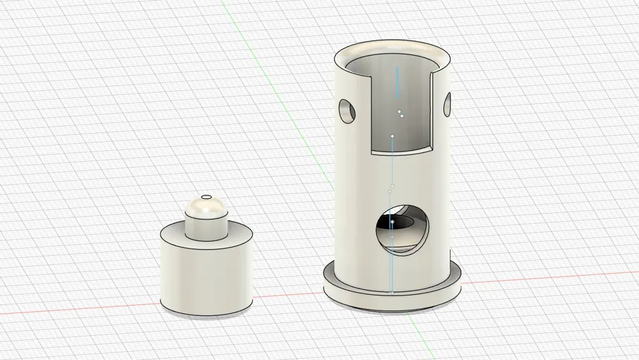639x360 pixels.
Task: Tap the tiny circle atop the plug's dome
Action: pyautogui.click(x=206, y=197)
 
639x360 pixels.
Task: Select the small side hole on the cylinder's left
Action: pyautogui.click(x=347, y=111)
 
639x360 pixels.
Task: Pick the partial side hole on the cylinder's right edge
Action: pyautogui.click(x=447, y=105)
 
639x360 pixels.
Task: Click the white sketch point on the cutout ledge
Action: pyautogui.click(x=392, y=136)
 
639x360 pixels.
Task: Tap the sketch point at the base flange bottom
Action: pyautogui.click(x=392, y=293)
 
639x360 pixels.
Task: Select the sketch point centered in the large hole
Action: pyautogui.click(x=392, y=223)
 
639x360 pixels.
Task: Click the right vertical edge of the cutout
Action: pyautogui.click(x=433, y=109)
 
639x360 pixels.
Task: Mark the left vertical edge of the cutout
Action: pyautogui.click(x=373, y=115)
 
